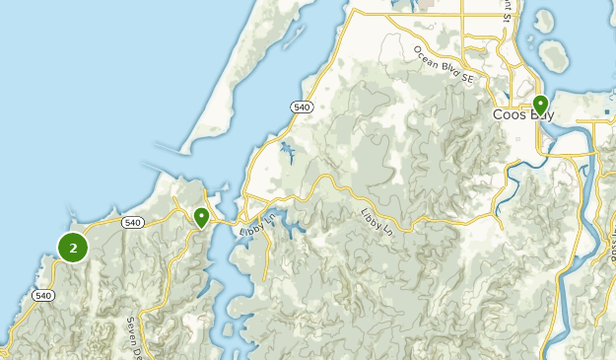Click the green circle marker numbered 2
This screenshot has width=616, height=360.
click(x=74, y=247)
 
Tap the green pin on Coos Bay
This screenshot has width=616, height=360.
click(x=540, y=105)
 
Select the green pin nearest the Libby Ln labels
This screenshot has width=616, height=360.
click(x=201, y=216)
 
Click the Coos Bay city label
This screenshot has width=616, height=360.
click(x=523, y=115)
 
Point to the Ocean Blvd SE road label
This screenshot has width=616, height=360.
click(x=445, y=64)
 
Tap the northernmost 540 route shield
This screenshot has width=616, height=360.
click(x=303, y=107)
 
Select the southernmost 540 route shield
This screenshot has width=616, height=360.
click(x=42, y=295)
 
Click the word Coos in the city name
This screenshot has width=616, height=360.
click(x=509, y=115)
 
